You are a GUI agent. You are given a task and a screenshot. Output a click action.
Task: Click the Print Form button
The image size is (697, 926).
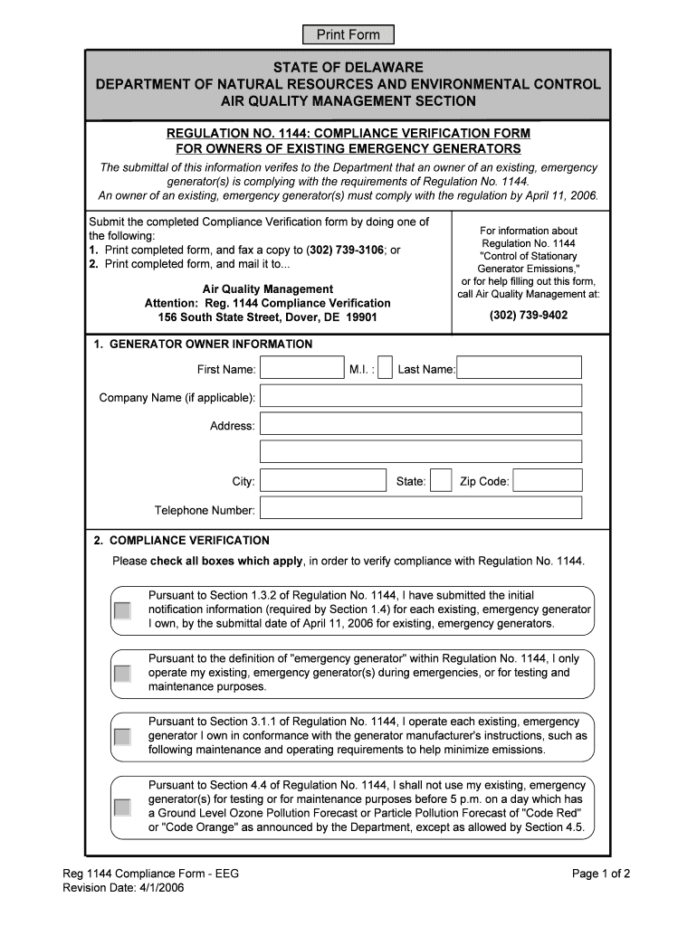point(348,35)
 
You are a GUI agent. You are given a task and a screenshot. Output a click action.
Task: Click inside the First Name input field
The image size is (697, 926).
point(301,368)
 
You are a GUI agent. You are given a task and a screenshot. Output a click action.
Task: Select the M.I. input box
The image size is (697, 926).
point(385,368)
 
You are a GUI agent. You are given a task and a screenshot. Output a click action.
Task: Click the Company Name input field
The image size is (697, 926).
point(421,397)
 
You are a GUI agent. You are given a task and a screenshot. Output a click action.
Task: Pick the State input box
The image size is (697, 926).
point(441,481)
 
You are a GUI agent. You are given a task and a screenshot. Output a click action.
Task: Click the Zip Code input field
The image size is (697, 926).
point(547,481)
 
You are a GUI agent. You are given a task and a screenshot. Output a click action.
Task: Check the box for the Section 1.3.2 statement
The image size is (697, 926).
point(122,611)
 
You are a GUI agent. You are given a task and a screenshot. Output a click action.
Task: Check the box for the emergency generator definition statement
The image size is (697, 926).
point(122,674)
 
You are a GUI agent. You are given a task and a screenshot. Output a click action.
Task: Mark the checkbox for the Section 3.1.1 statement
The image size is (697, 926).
point(122,737)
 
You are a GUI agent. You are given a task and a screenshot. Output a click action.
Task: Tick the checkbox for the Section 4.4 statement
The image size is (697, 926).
point(122,807)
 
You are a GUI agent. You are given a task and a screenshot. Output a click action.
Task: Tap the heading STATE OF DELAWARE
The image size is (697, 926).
point(348,68)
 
